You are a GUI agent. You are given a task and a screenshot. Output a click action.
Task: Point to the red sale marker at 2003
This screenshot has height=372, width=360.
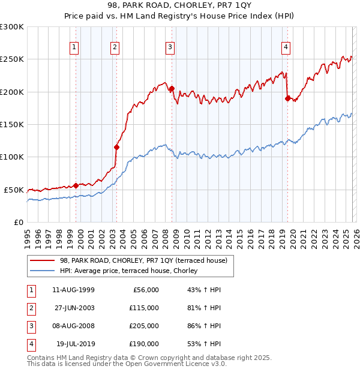pos(116,146)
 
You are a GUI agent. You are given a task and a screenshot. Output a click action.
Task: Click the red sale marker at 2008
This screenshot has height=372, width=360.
pos(172,89)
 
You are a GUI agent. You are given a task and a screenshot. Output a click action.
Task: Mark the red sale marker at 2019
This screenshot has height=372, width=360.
pos(287,98)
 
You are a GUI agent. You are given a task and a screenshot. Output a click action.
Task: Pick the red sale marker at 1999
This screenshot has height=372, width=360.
pos(76,185)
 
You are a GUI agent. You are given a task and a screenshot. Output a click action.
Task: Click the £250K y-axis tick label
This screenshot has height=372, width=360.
pos(12,59)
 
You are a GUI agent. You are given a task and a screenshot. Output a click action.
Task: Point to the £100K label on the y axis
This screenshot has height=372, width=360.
pos(12,157)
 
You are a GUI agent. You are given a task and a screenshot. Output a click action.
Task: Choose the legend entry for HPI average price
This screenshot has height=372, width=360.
pos(133,271)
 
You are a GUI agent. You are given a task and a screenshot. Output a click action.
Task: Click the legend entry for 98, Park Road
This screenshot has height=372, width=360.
pos(143,261)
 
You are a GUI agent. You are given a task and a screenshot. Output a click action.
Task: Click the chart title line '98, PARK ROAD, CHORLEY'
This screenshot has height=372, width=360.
pos(180,7)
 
